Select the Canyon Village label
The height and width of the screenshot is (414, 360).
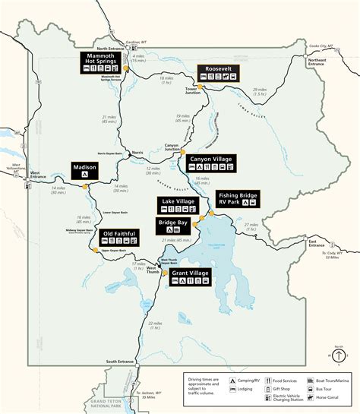[x=211, y=159]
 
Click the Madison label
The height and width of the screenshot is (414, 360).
[x=85, y=166]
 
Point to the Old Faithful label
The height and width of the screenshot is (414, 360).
[x=119, y=232]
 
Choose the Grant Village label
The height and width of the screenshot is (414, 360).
[x=190, y=272]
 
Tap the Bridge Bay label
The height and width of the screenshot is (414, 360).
[x=173, y=223]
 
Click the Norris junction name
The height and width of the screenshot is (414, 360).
[x=137, y=152]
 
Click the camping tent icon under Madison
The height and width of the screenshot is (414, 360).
[x=85, y=174]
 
